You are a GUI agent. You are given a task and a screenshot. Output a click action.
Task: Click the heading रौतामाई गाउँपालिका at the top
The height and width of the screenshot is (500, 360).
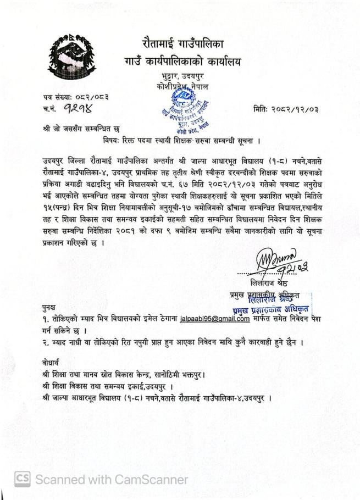pos(182,42)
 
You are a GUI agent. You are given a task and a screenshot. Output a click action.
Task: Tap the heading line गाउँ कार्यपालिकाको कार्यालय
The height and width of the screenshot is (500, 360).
pos(182,63)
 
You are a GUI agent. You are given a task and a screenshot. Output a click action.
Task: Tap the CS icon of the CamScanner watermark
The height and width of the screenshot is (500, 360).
pos(23,479)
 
